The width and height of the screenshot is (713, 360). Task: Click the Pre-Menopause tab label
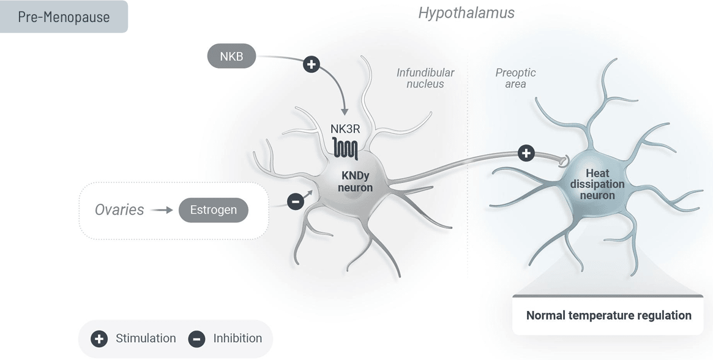click(64, 17)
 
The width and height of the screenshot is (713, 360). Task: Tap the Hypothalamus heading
click(466, 12)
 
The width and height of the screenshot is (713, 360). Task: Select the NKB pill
click(231, 57)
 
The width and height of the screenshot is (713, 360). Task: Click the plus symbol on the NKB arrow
click(312, 64)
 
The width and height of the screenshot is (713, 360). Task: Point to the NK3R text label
click(345, 129)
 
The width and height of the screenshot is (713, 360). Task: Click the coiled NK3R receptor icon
click(346, 148)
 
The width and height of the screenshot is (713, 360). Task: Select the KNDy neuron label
click(355, 181)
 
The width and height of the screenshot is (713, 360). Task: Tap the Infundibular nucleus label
click(425, 78)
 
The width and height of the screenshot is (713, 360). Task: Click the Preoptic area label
click(515, 78)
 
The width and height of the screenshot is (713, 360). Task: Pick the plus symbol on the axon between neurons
click(526, 153)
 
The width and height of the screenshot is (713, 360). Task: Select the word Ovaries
click(119, 210)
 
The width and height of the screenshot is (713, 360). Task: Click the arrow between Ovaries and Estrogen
click(162, 210)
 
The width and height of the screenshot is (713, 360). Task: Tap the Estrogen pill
click(213, 210)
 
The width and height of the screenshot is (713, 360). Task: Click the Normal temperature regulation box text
click(608, 316)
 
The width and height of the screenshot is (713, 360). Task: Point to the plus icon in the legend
click(99, 339)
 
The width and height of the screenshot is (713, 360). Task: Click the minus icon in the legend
click(196, 339)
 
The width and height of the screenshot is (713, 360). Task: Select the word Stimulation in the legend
click(146, 338)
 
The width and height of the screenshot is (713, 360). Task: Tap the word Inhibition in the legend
click(237, 338)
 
